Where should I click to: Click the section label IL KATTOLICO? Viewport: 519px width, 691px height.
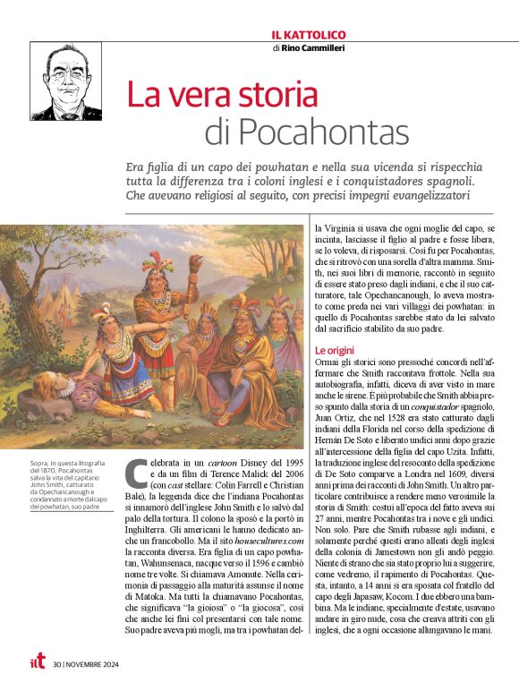tap(309, 34)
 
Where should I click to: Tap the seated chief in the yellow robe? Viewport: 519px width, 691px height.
tap(247, 358)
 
